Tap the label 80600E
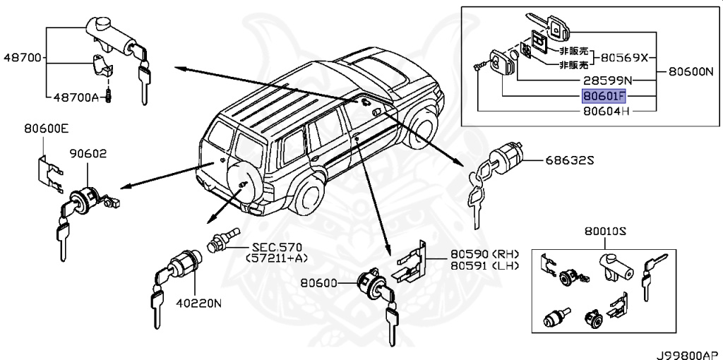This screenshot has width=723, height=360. (46, 128)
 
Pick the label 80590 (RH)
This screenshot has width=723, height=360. (485, 255)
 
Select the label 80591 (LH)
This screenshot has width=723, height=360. (485, 265)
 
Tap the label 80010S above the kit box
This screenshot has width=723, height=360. (606, 231)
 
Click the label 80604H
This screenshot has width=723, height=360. (605, 111)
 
